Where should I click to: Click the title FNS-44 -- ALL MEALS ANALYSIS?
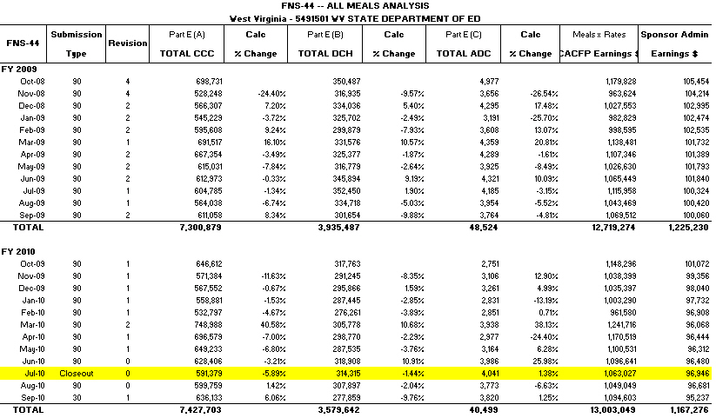pyautogui.click(x=357, y=6)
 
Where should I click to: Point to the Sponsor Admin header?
pyautogui.click(x=676, y=34)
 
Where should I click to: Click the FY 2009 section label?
pyautogui.click(x=20, y=69)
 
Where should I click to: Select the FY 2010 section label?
pyautogui.click(x=20, y=251)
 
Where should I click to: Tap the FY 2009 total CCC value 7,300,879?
pyautogui.click(x=198, y=227)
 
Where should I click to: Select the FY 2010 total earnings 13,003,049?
pyautogui.click(x=610, y=409)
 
